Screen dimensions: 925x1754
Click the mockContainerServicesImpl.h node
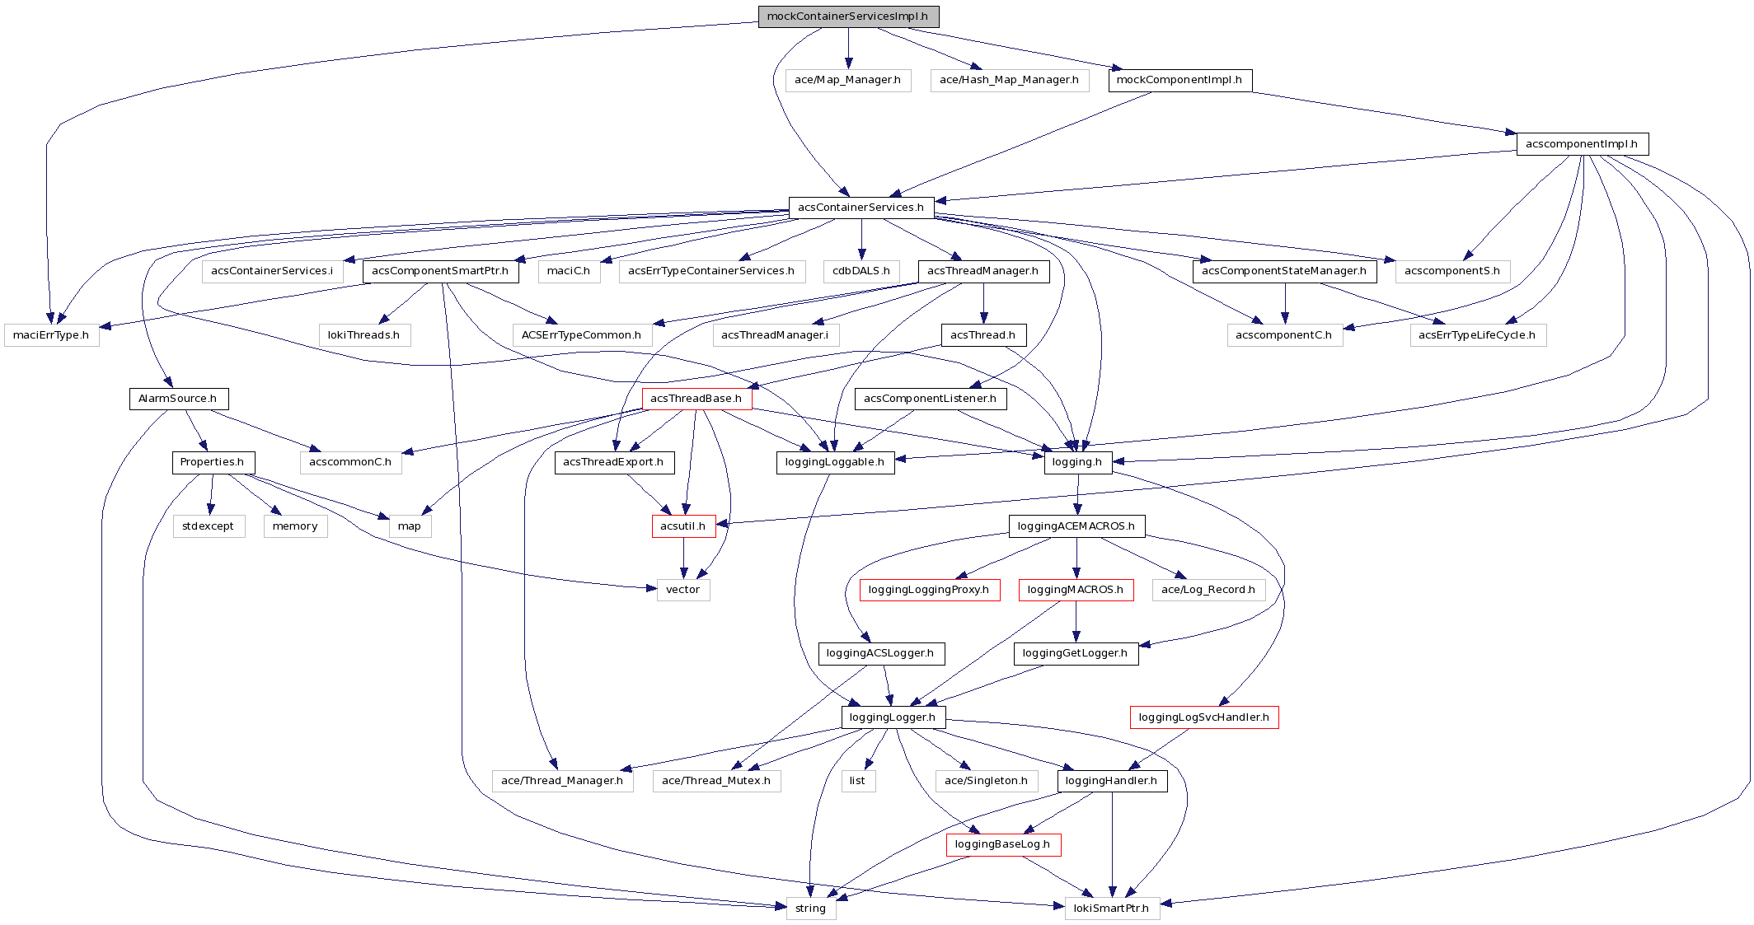[x=848, y=16]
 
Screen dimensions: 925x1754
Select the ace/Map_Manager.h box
[x=847, y=80]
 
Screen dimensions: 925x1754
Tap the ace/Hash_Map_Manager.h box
[x=1009, y=80]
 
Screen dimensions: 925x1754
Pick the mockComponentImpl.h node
[x=1179, y=80]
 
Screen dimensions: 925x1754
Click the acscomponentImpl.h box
[x=1582, y=143]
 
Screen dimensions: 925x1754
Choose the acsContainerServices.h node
[x=861, y=207]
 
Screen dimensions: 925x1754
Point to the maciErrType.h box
[x=51, y=335]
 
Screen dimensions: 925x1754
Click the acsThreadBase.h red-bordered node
[x=696, y=399]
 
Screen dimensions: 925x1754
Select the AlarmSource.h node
[x=178, y=399]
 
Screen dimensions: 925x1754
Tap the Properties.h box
[x=213, y=462]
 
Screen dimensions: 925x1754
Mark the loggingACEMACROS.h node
[x=1076, y=526]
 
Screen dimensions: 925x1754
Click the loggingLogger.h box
[x=893, y=717]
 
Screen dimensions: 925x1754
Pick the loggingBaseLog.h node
[x=1003, y=844]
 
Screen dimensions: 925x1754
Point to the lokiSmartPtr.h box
[x=1112, y=908]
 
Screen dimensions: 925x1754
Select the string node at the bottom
[x=810, y=908]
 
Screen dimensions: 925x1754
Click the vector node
[x=682, y=590]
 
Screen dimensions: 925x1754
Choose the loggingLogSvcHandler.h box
[x=1203, y=717]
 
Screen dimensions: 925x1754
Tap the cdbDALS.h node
[x=861, y=271]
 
